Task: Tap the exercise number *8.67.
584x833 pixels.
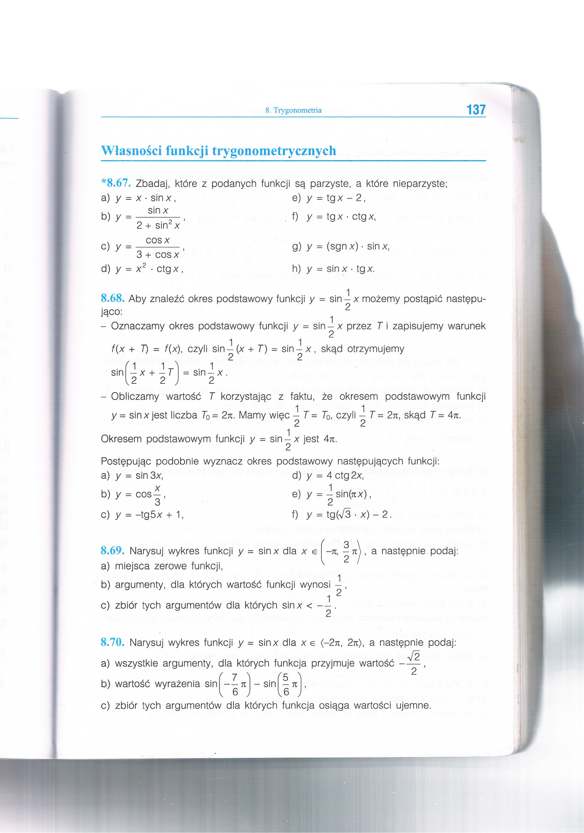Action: point(116,183)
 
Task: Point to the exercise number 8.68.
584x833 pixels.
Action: point(113,299)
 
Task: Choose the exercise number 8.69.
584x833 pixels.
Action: point(113,551)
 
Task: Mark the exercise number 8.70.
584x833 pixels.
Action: point(113,642)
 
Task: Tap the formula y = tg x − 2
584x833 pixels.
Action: point(336,198)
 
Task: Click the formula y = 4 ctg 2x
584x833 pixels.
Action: point(335,476)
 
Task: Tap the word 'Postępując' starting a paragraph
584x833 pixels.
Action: point(126,462)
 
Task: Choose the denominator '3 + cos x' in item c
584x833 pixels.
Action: point(158,255)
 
